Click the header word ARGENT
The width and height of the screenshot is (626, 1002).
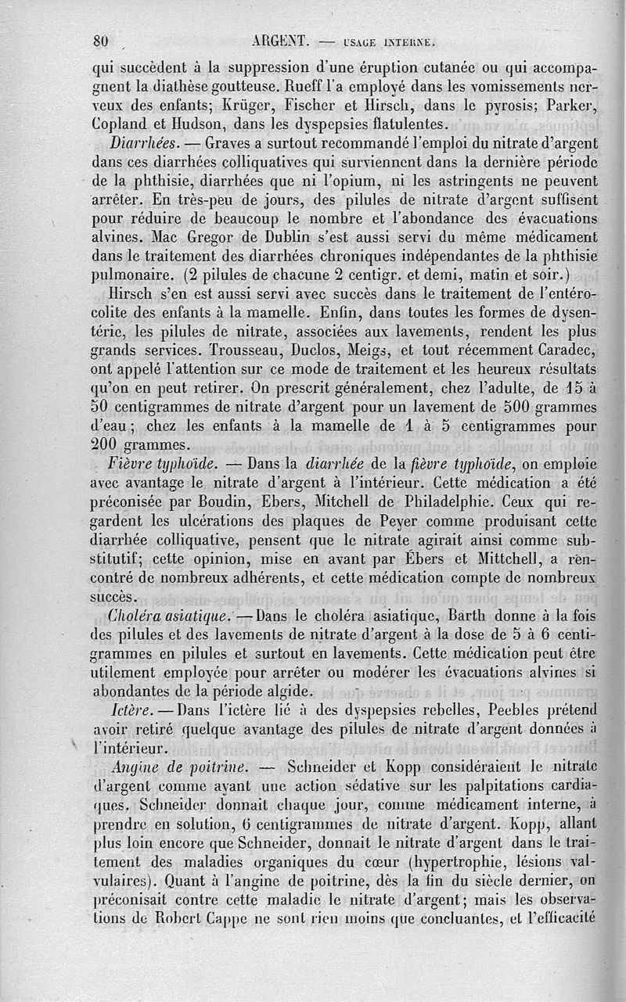[283, 42]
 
